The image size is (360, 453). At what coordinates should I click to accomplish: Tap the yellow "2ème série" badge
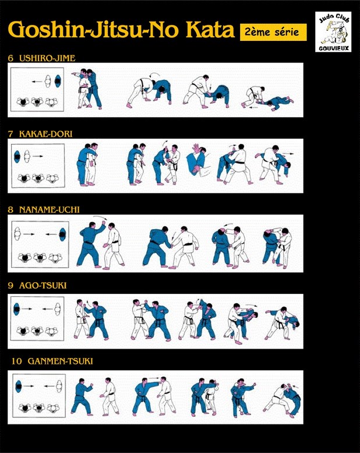[x=273, y=32]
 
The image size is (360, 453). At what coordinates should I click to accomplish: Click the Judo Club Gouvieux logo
[x=333, y=32]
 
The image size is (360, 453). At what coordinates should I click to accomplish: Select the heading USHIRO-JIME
[x=47, y=58]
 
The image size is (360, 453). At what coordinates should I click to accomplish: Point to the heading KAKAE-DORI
[x=45, y=134]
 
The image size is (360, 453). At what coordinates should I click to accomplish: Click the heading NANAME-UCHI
[x=50, y=210]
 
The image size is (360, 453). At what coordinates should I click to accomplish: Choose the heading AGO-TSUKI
[x=43, y=286]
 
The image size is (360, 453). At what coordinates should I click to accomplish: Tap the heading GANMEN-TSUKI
[x=61, y=361]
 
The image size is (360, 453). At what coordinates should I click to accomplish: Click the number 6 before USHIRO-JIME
[x=10, y=58]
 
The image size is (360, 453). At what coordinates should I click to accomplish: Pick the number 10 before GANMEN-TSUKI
[x=17, y=361]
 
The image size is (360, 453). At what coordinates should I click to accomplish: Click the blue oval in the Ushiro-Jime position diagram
[x=58, y=81]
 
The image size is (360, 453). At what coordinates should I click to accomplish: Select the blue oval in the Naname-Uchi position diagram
[x=62, y=234]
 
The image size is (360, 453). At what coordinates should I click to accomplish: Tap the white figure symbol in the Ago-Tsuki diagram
[x=58, y=309]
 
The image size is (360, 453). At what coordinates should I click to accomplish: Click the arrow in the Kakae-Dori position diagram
[x=38, y=156]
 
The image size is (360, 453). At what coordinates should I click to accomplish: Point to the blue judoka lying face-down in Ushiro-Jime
[x=277, y=102]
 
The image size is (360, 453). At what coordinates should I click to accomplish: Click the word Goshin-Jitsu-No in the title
[x=93, y=29]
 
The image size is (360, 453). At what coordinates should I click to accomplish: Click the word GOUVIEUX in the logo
[x=334, y=48]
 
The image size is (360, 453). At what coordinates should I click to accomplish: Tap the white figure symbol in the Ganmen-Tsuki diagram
[x=59, y=387]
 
